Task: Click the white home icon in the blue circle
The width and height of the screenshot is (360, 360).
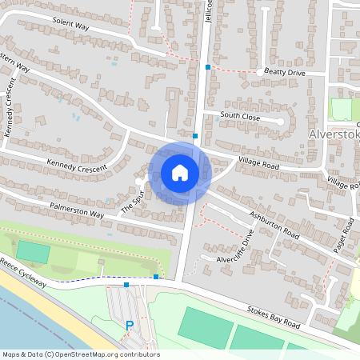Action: coord(179,173)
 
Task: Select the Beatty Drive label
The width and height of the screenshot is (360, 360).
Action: coord(285,72)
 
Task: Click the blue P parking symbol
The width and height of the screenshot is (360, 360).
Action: coord(130,326)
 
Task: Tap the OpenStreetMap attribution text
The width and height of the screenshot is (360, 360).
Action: coord(80,354)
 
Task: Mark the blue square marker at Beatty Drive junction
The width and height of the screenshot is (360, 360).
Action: coord(208,67)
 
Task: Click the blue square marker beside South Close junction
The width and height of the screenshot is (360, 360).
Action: coord(195,136)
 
